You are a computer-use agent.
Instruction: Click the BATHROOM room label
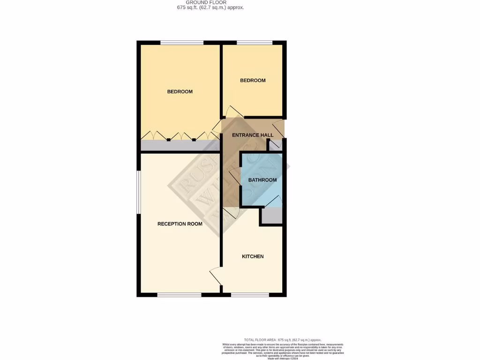coord(262,180)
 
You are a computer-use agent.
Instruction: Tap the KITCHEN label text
coord(253,256)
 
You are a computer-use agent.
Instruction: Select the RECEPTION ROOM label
coord(180,224)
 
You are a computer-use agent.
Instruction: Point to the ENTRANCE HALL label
coord(253,135)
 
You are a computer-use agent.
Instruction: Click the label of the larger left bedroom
coord(180,92)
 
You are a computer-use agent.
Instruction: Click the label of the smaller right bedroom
coord(253,81)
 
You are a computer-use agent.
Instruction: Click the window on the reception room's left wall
coord(138,192)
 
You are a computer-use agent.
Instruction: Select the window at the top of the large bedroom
coord(182,43)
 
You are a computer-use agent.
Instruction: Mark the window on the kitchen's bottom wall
coord(250,295)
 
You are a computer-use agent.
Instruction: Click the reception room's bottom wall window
coord(179,295)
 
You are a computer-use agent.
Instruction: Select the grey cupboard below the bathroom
coord(271,215)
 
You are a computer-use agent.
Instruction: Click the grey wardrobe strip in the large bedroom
coord(180,145)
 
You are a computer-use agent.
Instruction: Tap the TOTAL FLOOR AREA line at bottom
coord(283,339)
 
